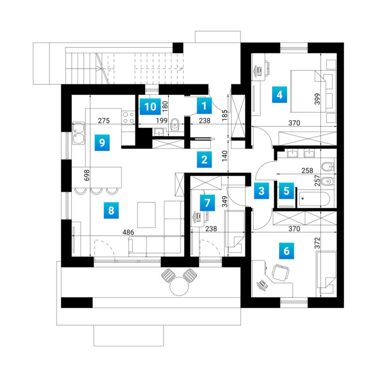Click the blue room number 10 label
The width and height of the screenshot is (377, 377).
(x=150, y=107)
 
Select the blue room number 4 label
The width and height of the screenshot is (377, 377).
(x=279, y=95)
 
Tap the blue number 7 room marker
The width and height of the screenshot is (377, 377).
(x=207, y=203)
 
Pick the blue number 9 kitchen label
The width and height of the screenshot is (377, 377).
(x=102, y=143)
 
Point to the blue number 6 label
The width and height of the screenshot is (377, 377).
(x=287, y=251)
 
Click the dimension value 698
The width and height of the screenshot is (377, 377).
(x=87, y=175)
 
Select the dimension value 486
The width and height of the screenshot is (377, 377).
(x=128, y=232)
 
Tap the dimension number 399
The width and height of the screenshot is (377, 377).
(x=317, y=99)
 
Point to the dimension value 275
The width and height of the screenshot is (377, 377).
(x=104, y=121)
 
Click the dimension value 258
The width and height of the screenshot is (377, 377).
(x=307, y=171)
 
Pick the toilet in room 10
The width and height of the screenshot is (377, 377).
(x=175, y=125)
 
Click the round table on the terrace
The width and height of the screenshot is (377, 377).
(x=179, y=286)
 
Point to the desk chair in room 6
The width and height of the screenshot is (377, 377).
(x=280, y=272)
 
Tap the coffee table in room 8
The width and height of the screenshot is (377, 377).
(x=146, y=215)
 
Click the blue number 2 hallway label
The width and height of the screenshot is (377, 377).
(x=204, y=159)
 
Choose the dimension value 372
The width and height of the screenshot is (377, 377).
(x=317, y=243)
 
